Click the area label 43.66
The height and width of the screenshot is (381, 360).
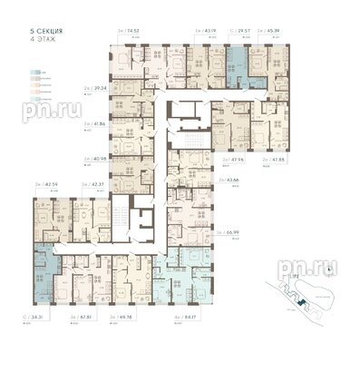(231, 181)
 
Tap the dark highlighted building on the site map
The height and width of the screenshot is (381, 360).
(292, 294)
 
